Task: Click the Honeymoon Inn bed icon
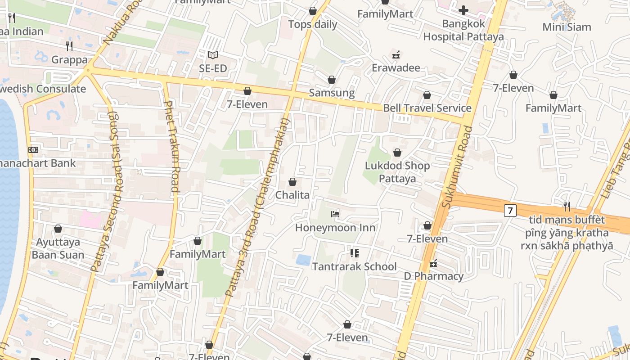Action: click(x=335, y=214)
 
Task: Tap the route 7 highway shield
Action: click(x=510, y=210)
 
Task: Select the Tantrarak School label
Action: click(x=355, y=266)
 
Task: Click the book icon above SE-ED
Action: click(x=213, y=55)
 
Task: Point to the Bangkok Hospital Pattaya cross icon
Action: click(x=463, y=10)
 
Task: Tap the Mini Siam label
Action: click(x=567, y=27)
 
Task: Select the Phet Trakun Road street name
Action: click(x=172, y=146)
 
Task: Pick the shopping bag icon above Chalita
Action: click(x=292, y=182)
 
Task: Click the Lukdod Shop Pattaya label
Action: click(x=397, y=172)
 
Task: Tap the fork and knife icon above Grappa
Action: click(x=69, y=46)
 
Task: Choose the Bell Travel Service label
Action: click(x=427, y=108)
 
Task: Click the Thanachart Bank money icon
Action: click(x=33, y=150)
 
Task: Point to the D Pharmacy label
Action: click(x=433, y=276)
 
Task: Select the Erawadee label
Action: click(x=396, y=68)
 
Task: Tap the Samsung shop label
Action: click(x=332, y=93)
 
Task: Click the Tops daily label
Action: click(x=313, y=24)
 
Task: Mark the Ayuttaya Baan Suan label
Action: click(x=58, y=248)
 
